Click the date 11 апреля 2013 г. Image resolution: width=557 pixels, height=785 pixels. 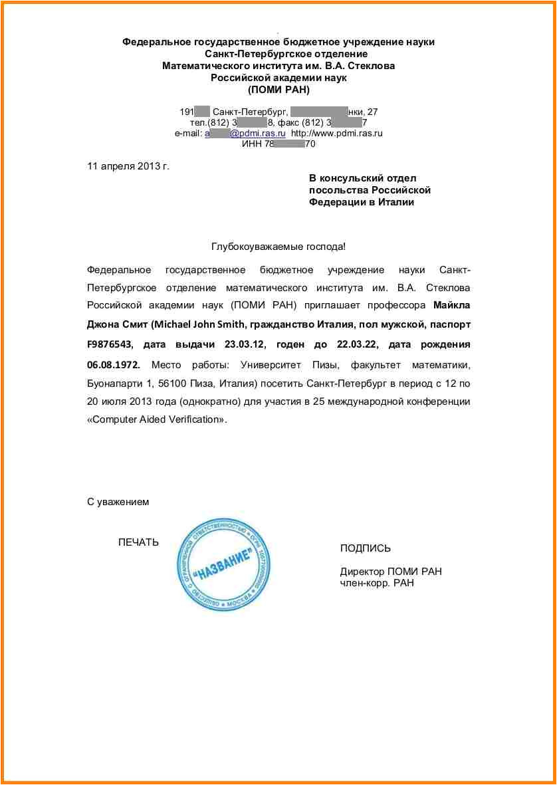click(128, 166)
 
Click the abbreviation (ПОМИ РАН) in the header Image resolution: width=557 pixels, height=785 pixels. click(278, 90)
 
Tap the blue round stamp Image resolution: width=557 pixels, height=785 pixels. click(224, 564)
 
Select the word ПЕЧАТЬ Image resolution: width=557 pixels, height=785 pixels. click(138, 542)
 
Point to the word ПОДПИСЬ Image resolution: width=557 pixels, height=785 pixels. click(366, 548)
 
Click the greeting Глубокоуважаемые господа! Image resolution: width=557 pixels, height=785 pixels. click(278, 247)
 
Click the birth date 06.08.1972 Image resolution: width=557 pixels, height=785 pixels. click(113, 364)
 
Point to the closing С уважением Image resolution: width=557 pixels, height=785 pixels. click(118, 502)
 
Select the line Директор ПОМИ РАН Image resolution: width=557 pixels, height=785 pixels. click(391, 572)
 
